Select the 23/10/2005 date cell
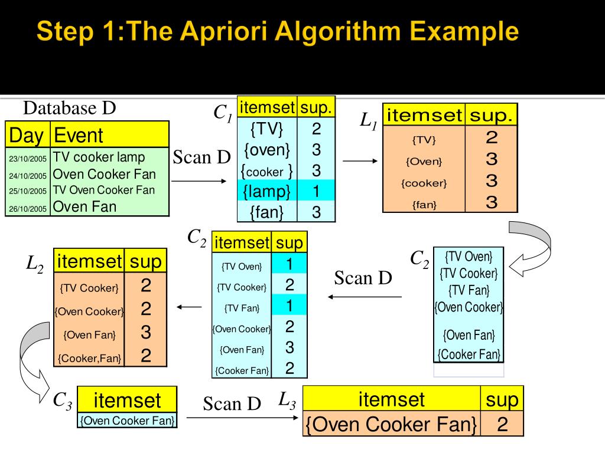click(28, 159)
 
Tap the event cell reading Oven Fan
click(85, 206)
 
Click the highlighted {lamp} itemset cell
click(267, 191)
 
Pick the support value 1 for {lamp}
click(316, 191)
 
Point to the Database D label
click(69, 109)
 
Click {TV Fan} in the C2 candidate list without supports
click(469, 290)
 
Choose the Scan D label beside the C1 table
click(201, 157)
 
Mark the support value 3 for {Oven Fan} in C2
click(290, 348)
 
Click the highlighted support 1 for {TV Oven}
click(290, 263)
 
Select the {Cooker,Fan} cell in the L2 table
click(89, 357)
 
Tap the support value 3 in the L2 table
click(146, 333)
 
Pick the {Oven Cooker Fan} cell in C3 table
click(127, 421)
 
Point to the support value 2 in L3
click(502, 425)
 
